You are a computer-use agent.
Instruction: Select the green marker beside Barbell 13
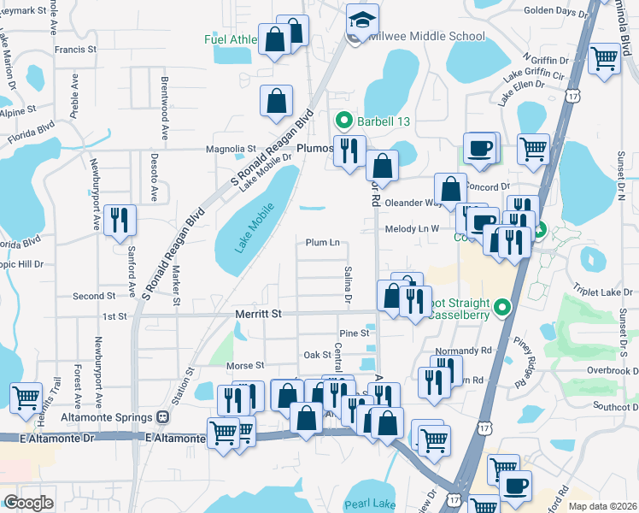coord(344,121)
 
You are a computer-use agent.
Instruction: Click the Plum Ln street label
coord(323,243)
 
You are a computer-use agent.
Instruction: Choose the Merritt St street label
coord(258,315)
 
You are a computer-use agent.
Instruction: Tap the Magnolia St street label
coord(231,148)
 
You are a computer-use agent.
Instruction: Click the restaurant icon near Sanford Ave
coord(119,220)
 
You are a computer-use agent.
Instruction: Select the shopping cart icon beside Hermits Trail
coord(26,397)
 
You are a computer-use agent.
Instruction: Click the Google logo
coord(28,502)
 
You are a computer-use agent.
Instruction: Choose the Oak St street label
coord(316,354)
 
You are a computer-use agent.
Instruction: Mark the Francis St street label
coord(75,50)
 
